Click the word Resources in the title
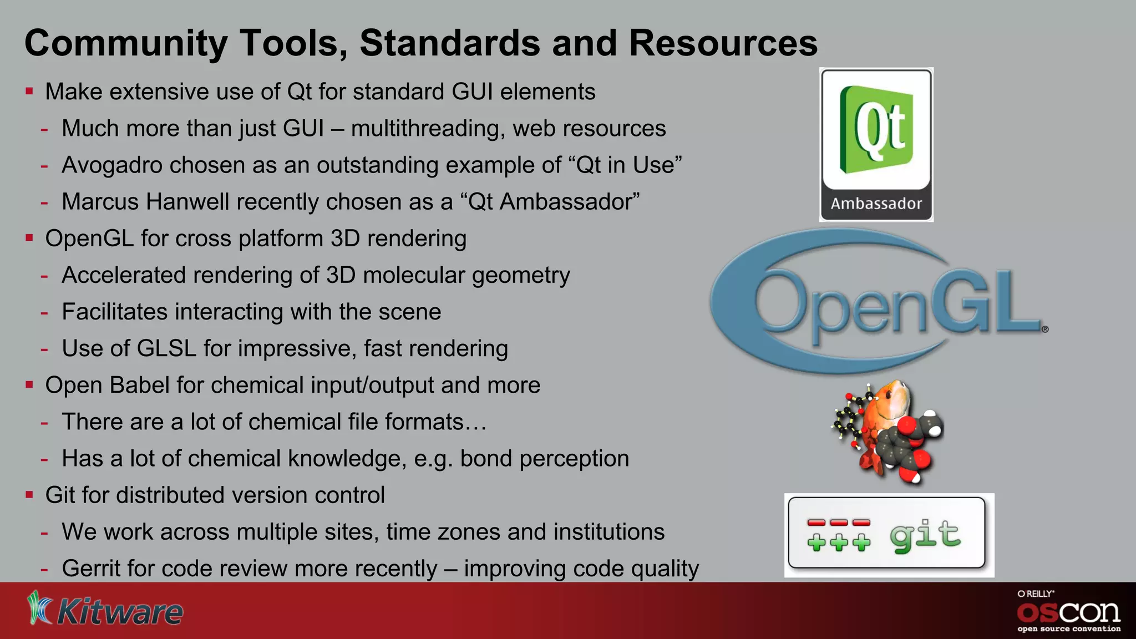pos(723,43)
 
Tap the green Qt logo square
pos(876,129)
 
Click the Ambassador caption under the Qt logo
pos(876,204)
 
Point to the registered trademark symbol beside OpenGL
pos(1045,329)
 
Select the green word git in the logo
pos(925,535)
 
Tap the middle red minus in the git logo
pos(839,523)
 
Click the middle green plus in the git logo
pos(839,542)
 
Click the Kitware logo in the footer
pos(105,610)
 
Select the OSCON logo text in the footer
pos(1068,612)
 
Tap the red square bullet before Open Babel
pos(29,384)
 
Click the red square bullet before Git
pos(29,494)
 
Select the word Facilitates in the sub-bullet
pos(113,312)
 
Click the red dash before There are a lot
pos(44,423)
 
